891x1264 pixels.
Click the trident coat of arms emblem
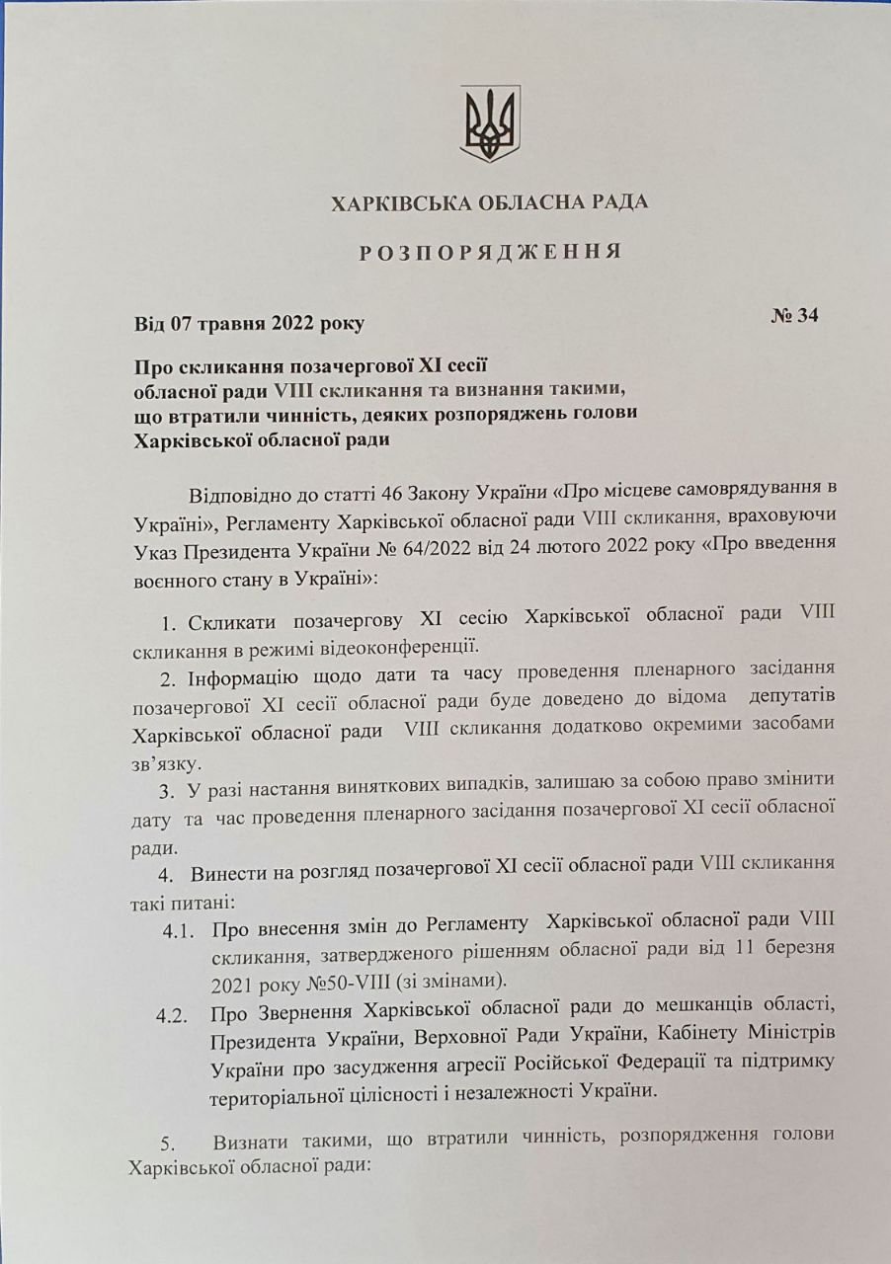490,123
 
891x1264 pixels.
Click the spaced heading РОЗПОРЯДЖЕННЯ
490,252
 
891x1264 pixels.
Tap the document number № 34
794,316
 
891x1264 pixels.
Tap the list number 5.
167,1144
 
